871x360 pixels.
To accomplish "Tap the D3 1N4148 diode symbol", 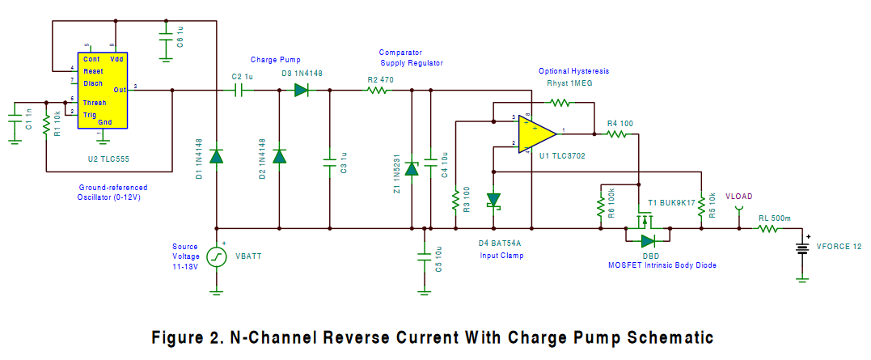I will (302, 91).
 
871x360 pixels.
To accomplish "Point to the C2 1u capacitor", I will (240, 91).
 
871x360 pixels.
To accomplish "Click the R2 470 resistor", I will (377, 91).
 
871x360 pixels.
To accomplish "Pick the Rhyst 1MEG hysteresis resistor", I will (560, 103).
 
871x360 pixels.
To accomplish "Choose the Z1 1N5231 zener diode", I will (412, 168).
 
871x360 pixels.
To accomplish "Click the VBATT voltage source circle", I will (217, 256).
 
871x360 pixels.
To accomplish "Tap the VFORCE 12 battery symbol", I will (802, 247).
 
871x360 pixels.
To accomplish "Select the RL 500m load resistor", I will (767, 229).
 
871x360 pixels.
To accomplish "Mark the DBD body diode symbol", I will (648, 240).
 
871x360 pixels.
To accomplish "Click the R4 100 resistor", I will (617, 134).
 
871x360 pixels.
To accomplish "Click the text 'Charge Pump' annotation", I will (274, 60).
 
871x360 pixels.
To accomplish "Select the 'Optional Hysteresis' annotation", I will (573, 71).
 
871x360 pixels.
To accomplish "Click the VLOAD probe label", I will (738, 197).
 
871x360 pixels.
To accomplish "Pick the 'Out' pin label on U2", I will (120, 90).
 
